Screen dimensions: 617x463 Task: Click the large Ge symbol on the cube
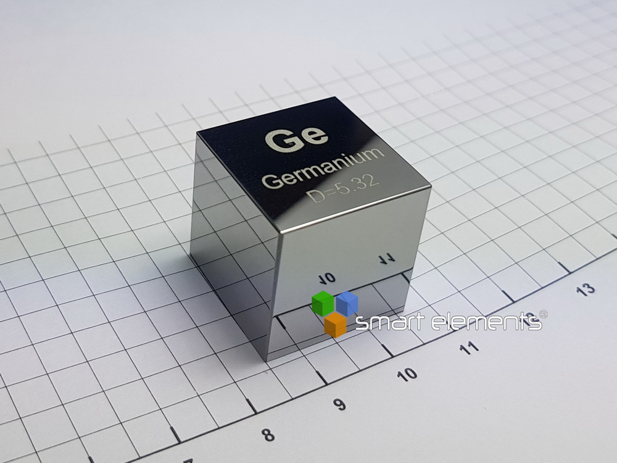pyautogui.click(x=296, y=138)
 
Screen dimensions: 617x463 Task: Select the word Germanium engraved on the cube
pyautogui.click(x=323, y=168)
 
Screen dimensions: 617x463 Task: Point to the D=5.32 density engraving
pyautogui.click(x=342, y=188)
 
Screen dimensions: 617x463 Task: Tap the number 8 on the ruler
pyautogui.click(x=268, y=435)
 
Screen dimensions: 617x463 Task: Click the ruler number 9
pyautogui.click(x=339, y=404)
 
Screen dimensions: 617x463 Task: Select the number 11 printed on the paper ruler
pyautogui.click(x=469, y=348)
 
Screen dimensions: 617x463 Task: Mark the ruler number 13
pyautogui.click(x=585, y=290)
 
